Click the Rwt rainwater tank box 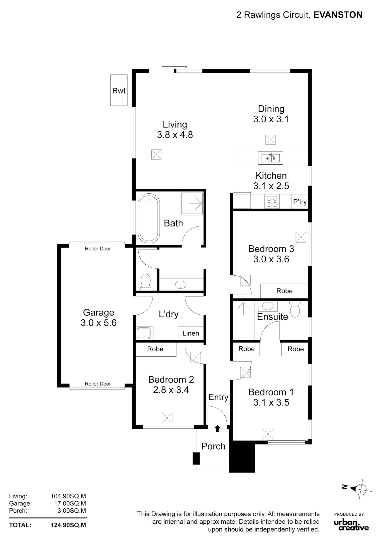click(119, 90)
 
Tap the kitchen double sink click(270, 158)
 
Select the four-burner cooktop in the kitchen click(272, 201)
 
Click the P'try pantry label click(300, 202)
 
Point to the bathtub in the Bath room click(149, 218)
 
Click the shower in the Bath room click(192, 203)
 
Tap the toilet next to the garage click(146, 282)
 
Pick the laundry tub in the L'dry click(144, 333)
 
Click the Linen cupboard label click(191, 333)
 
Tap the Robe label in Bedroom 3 click(285, 291)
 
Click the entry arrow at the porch click(217, 428)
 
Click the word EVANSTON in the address click(338, 15)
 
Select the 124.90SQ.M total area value click(68, 525)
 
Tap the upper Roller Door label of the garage click(98, 249)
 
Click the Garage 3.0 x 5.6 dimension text click(99, 318)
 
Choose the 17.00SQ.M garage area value click(70, 503)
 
